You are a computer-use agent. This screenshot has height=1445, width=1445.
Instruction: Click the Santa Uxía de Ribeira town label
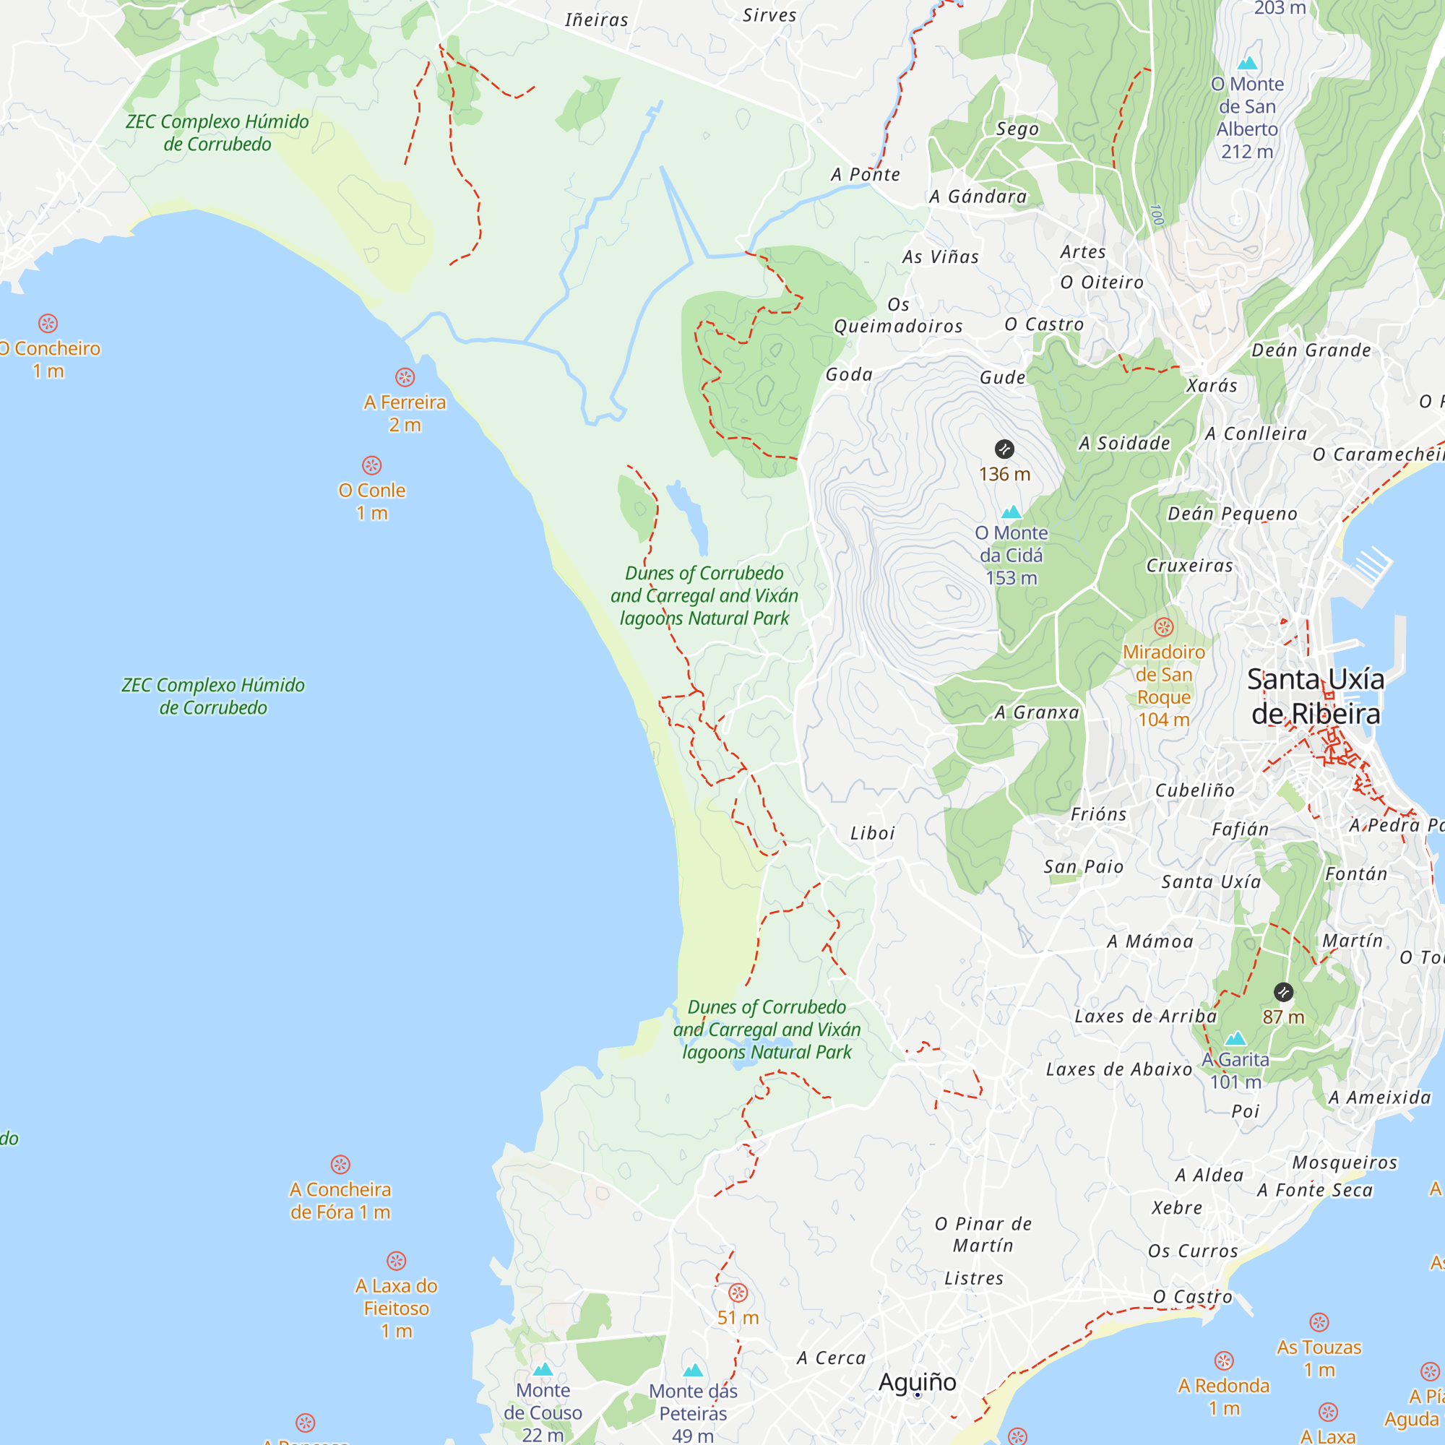pyautogui.click(x=1316, y=696)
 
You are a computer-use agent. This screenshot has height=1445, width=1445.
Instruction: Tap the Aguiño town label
pyautogui.click(x=917, y=1381)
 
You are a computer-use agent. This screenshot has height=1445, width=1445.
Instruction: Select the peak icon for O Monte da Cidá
pyautogui.click(x=1011, y=512)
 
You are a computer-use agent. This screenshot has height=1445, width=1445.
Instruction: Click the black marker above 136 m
pyautogui.click(x=1004, y=449)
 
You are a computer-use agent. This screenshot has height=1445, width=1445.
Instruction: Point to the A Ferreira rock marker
pyautogui.click(x=405, y=377)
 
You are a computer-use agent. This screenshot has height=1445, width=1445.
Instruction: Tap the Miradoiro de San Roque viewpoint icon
pyautogui.click(x=1163, y=626)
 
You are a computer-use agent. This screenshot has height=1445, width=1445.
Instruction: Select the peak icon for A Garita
pyautogui.click(x=1235, y=1038)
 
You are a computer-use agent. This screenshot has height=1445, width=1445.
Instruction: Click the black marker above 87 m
pyautogui.click(x=1283, y=993)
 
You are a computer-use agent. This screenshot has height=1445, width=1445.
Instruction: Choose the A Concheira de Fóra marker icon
pyautogui.click(x=340, y=1165)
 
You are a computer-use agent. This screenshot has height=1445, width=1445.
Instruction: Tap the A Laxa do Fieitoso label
pyautogui.click(x=397, y=1308)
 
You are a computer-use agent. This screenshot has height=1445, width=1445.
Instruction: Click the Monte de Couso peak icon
pyautogui.click(x=543, y=1369)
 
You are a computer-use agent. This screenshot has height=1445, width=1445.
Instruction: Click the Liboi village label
pyautogui.click(x=872, y=833)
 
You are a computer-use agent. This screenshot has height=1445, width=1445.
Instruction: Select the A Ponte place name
pyautogui.click(x=866, y=174)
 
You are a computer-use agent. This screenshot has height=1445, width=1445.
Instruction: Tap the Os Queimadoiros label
pyautogui.click(x=898, y=316)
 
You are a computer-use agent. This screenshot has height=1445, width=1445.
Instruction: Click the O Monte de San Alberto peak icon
pyautogui.click(x=1247, y=63)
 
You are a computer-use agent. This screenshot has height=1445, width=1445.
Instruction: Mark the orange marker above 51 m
pyautogui.click(x=738, y=1293)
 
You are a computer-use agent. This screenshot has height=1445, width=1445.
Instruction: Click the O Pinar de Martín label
pyautogui.click(x=983, y=1234)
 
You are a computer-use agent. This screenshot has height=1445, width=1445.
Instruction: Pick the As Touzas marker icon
pyautogui.click(x=1319, y=1322)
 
